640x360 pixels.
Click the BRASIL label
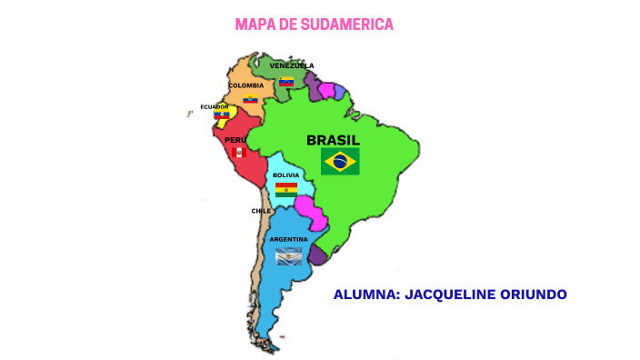click(x=333, y=140)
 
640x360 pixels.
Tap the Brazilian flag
click(x=340, y=162)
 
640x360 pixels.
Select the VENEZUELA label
click(x=291, y=65)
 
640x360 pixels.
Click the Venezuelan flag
click(x=286, y=81)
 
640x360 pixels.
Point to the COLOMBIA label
click(x=245, y=85)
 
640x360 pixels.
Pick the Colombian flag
click(x=249, y=98)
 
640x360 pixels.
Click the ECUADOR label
click(x=215, y=106)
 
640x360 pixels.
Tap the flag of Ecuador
click(x=221, y=115)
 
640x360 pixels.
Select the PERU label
click(x=235, y=140)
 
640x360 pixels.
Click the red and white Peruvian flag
click(x=238, y=153)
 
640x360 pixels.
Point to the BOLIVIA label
click(x=285, y=175)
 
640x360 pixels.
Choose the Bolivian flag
click(x=286, y=189)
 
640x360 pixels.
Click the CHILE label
click(x=261, y=211)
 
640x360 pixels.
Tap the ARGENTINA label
click(x=288, y=239)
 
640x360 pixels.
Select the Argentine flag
click(x=288, y=256)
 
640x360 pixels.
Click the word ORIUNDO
click(x=536, y=295)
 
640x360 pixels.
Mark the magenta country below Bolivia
click(x=312, y=213)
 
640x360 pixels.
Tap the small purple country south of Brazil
click(x=317, y=255)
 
